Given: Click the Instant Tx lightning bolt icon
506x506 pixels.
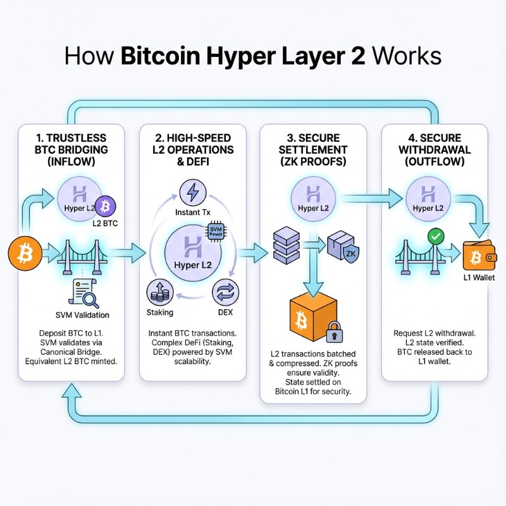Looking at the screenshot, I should click(190, 191).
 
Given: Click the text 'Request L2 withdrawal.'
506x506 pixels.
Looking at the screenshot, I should click(435, 333).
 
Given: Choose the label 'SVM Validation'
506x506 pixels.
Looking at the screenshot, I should click(78, 315).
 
